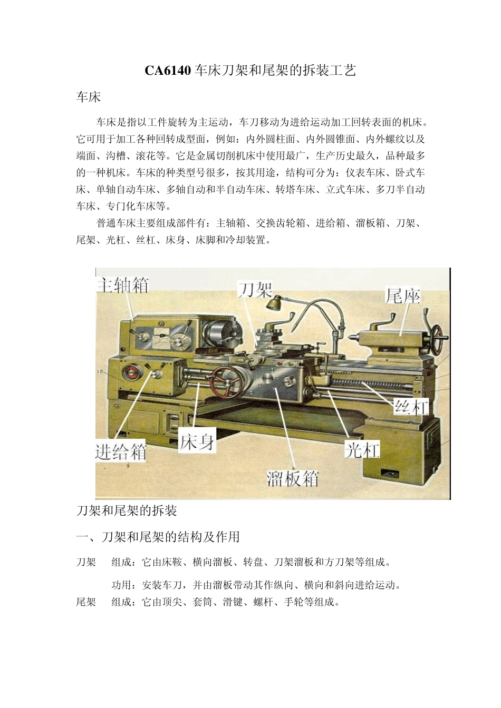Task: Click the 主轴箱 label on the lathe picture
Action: point(122,286)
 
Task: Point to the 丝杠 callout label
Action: point(412,406)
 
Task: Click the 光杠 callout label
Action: point(362,449)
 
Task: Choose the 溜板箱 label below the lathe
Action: point(293,478)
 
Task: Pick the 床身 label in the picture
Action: point(197,441)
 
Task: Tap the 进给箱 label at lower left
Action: point(121,451)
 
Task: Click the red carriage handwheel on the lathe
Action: point(227,382)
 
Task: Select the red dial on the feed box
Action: point(130,373)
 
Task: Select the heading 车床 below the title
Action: point(88,97)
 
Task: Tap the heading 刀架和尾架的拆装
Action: point(127,510)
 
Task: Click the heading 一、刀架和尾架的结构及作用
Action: point(158,537)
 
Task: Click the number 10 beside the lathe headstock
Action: point(100,372)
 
